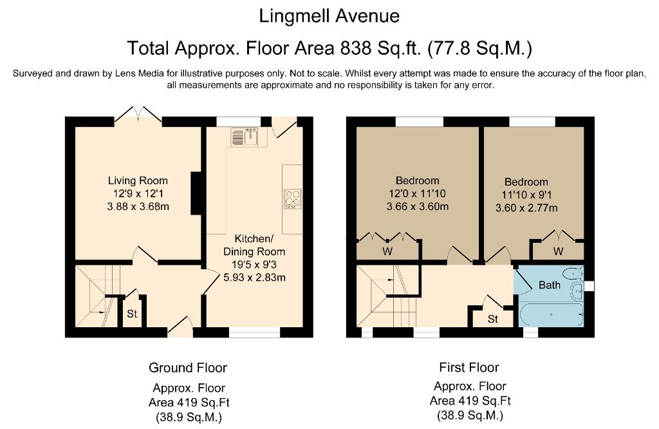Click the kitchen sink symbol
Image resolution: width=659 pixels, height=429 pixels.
[x=244, y=137]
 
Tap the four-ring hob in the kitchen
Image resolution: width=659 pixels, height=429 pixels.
[x=292, y=199]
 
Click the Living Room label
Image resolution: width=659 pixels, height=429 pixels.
[x=138, y=180]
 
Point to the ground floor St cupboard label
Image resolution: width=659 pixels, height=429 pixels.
[x=132, y=314]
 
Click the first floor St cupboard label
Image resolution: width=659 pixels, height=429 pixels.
[x=493, y=319]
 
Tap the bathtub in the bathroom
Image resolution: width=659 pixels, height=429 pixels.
[x=552, y=315]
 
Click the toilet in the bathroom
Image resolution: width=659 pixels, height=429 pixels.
[x=572, y=273]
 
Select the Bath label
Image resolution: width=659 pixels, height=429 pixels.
[x=549, y=285]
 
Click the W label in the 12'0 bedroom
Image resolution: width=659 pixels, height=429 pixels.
[x=387, y=251]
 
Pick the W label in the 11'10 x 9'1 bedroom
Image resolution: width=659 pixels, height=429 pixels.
[x=558, y=251]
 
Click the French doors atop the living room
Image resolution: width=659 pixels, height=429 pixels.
[x=143, y=114]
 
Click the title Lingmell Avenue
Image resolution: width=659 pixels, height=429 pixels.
[x=329, y=15]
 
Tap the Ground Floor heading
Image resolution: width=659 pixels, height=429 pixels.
[x=188, y=368]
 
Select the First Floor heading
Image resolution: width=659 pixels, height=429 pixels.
[x=469, y=368]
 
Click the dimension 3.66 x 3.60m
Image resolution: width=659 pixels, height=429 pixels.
[x=417, y=207]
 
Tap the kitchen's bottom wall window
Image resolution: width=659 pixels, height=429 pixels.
[x=254, y=332]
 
